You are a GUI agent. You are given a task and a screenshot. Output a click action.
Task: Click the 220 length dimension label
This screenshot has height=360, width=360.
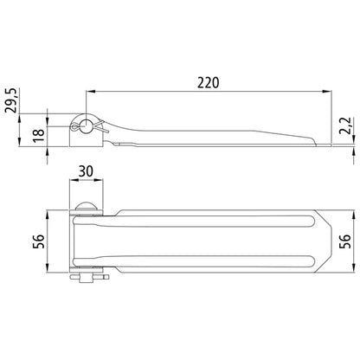click(209, 83)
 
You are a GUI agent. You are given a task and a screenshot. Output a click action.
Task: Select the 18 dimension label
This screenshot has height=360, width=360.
click(39, 135)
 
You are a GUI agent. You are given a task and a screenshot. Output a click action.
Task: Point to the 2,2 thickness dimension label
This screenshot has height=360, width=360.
click(345, 125)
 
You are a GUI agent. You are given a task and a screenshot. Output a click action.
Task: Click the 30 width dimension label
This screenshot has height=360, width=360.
click(86, 171)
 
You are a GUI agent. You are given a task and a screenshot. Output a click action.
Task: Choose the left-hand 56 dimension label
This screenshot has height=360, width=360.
click(39, 241)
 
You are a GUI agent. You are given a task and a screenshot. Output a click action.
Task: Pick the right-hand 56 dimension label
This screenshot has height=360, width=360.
click(345, 241)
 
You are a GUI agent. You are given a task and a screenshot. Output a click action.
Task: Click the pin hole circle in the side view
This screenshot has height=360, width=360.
click(86, 126)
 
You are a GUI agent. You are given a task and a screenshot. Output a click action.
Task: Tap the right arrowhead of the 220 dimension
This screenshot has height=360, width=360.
click(327, 92)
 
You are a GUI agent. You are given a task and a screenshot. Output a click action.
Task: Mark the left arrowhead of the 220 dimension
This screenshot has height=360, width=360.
click(91, 92)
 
